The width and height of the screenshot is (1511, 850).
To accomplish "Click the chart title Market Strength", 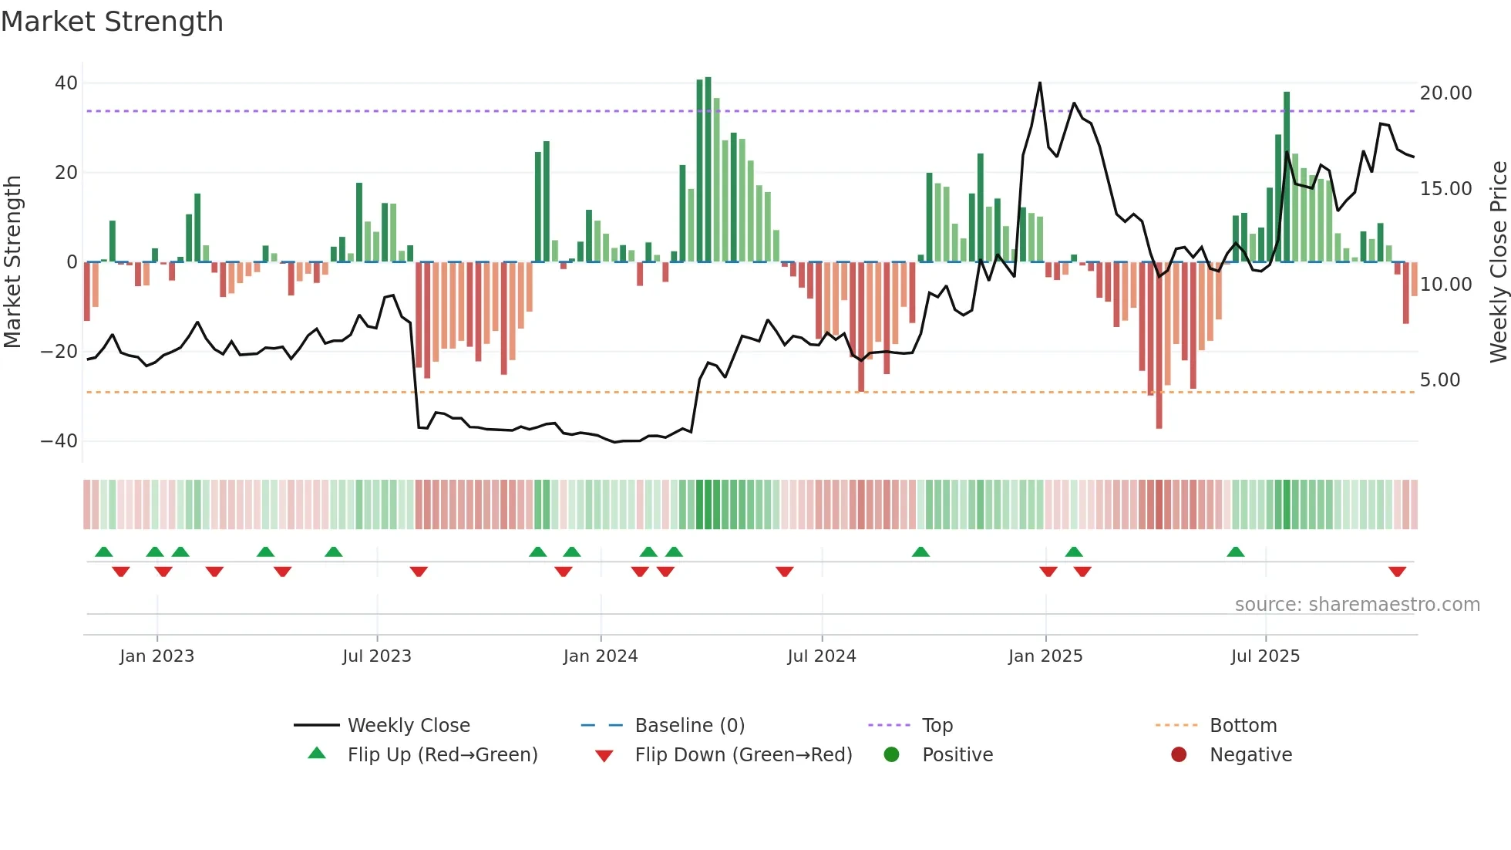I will click(112, 22).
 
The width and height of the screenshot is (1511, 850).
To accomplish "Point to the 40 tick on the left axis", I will click(66, 83).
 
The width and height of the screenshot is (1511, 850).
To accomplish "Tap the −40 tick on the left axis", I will click(59, 441).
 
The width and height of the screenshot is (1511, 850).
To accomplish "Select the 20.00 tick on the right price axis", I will click(1445, 93).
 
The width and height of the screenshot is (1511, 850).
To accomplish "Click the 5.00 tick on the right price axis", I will click(1439, 380).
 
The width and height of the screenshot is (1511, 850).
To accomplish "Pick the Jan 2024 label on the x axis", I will click(600, 656).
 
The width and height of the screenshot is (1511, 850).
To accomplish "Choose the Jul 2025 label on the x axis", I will click(1264, 656).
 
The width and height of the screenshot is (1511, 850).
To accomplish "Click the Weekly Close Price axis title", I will click(1498, 262).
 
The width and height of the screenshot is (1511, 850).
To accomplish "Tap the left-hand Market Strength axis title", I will click(12, 262).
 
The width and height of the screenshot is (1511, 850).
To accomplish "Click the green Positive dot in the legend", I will click(891, 755).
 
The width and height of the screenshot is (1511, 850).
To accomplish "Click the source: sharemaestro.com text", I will click(1357, 605).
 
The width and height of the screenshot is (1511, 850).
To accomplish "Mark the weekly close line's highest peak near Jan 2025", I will click(1040, 83).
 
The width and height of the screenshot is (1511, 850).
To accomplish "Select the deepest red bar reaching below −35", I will click(1159, 423).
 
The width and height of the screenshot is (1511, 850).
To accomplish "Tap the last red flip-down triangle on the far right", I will click(1397, 572).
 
